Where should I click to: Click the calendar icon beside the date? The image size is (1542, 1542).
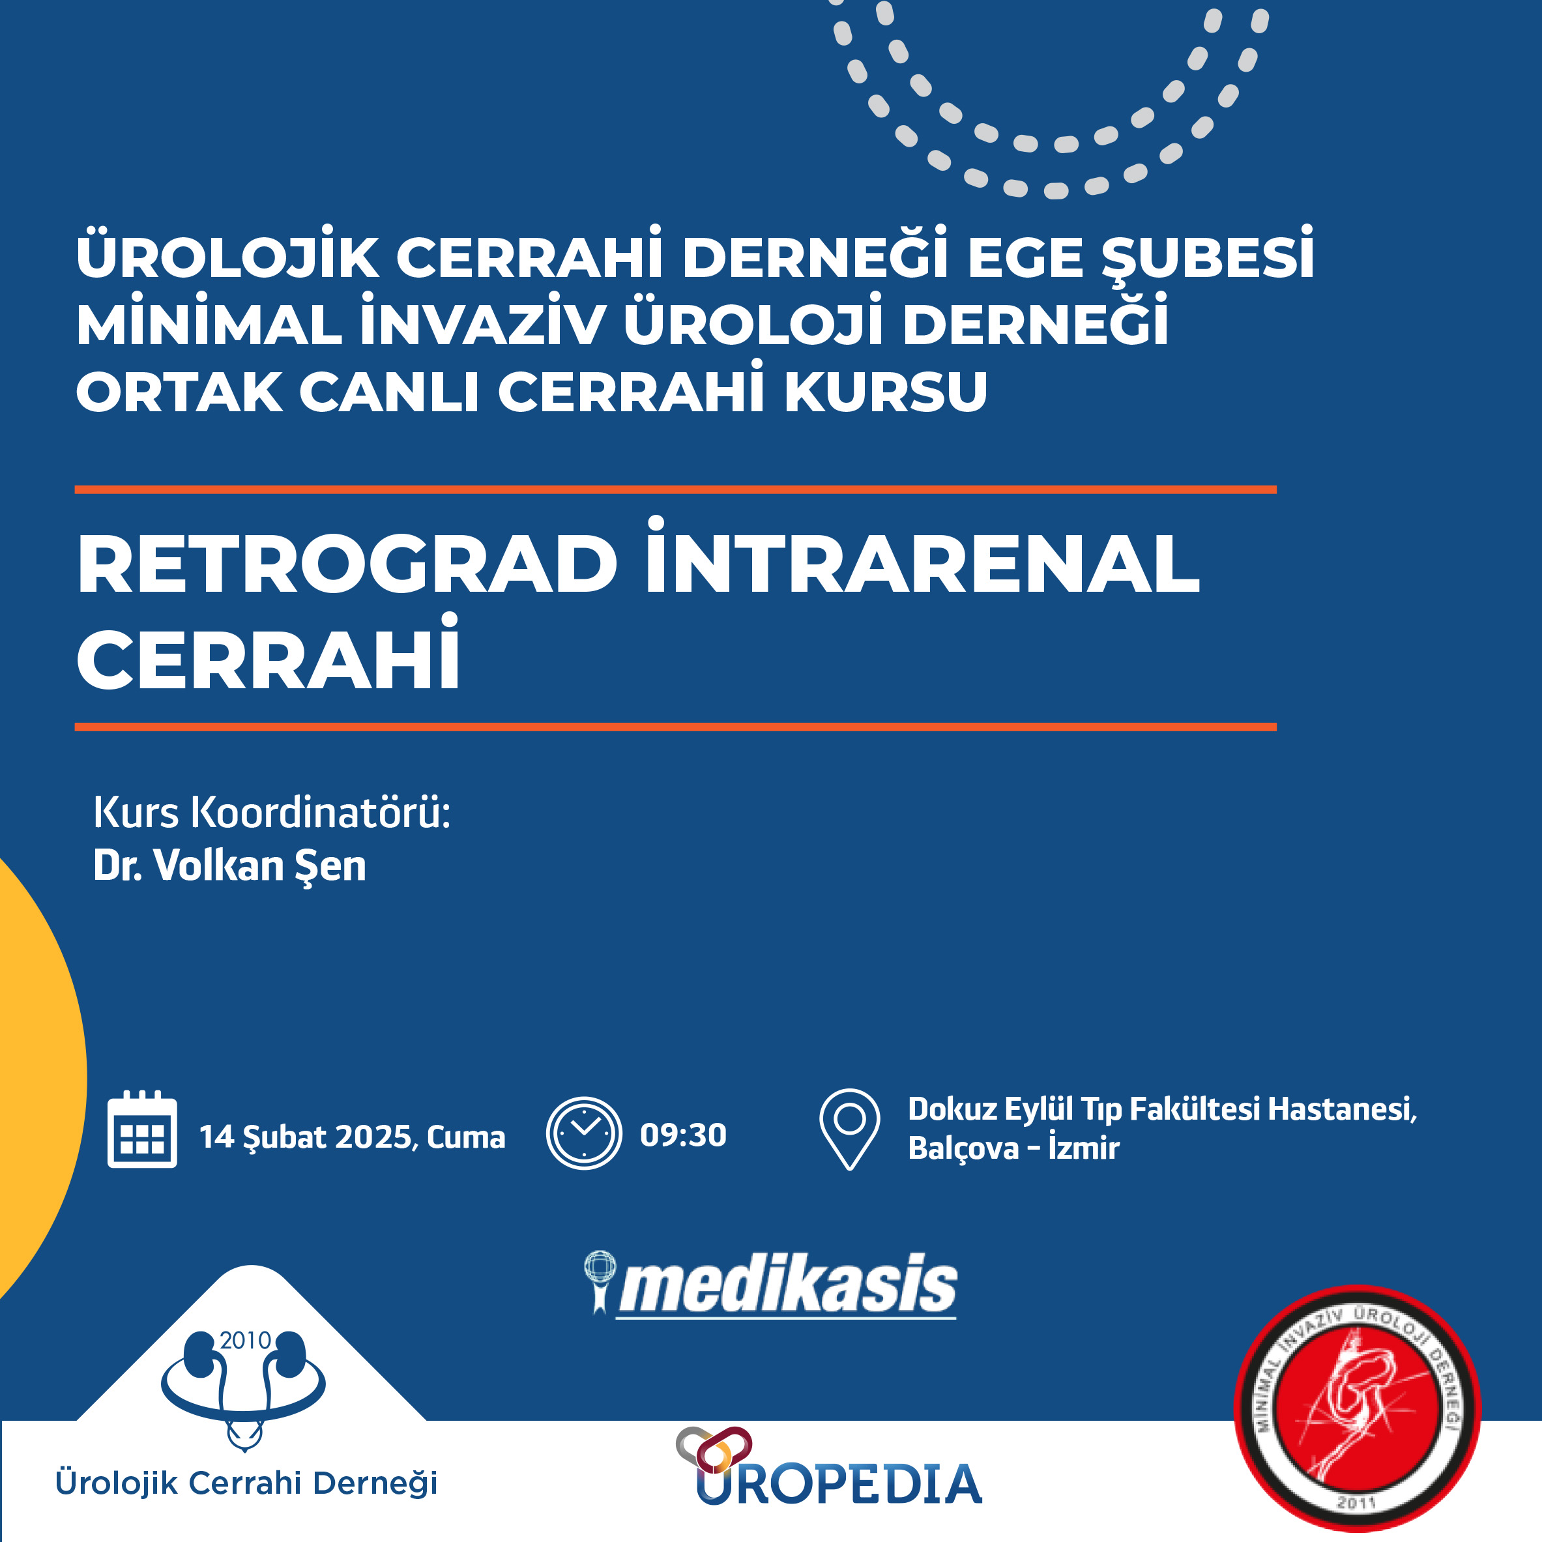(x=142, y=1129)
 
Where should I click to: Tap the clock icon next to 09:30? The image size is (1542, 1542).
(x=583, y=1133)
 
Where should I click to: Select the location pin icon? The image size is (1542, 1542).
(x=849, y=1129)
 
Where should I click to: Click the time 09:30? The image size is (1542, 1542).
(x=683, y=1135)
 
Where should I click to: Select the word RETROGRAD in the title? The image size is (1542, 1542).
(x=347, y=565)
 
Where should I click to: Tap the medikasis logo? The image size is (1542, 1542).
(x=770, y=1285)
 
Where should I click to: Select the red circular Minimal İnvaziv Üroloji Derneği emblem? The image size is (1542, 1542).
(x=1357, y=1408)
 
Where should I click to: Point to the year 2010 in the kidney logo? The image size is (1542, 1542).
(x=245, y=1341)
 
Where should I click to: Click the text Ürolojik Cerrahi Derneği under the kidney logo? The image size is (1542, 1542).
(x=246, y=1483)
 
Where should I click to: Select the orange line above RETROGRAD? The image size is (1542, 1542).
(x=675, y=489)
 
